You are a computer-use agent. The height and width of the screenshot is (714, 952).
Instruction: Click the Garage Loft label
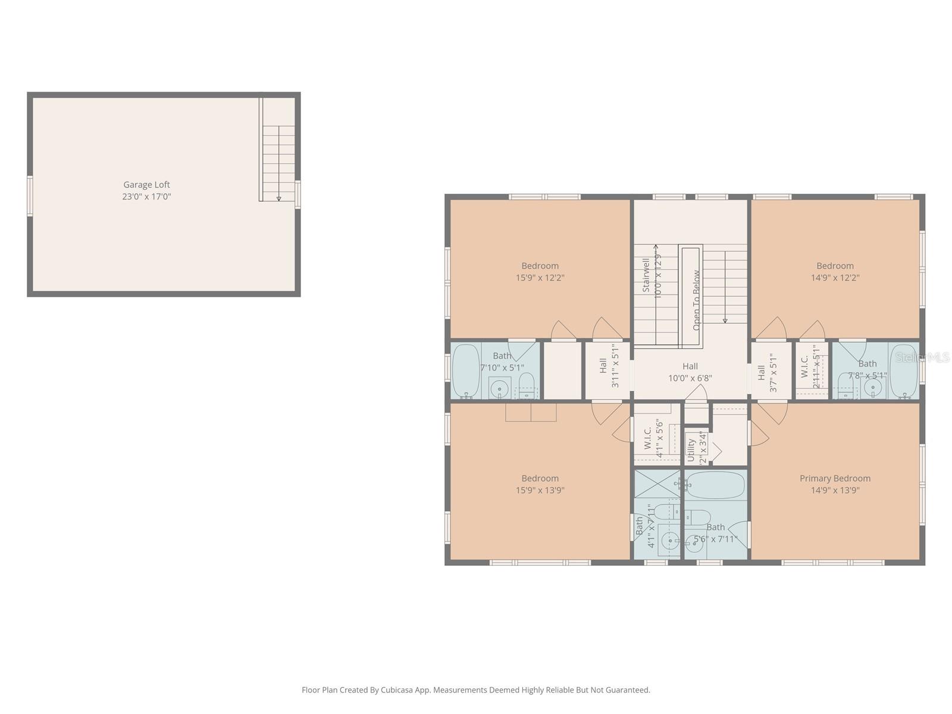click(146, 184)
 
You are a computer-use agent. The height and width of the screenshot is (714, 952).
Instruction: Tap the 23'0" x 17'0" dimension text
click(146, 196)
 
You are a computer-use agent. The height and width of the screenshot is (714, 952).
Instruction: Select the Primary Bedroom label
click(835, 478)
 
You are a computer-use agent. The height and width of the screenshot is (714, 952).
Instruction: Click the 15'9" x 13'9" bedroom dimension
click(540, 490)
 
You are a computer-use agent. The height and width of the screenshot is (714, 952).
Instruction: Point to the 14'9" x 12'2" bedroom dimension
click(835, 277)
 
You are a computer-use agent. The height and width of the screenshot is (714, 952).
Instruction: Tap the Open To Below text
click(696, 300)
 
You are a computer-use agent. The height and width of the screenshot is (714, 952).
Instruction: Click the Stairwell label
click(646, 275)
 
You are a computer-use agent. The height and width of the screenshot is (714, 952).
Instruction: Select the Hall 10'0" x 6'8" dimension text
click(690, 378)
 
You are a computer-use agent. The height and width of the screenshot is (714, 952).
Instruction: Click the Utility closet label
click(691, 450)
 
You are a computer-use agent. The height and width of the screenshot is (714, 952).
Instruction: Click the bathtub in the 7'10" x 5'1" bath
click(466, 369)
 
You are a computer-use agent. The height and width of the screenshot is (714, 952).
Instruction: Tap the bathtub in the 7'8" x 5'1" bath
click(904, 369)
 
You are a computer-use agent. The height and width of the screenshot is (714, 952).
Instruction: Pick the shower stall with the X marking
click(657, 483)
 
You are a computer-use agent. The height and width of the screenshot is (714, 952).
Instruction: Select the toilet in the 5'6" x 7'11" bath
click(697, 516)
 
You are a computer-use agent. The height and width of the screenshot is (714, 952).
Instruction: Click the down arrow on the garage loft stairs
click(278, 199)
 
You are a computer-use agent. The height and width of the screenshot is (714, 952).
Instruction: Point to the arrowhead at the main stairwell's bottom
click(725, 321)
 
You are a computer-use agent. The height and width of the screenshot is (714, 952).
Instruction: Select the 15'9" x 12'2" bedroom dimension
click(540, 277)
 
